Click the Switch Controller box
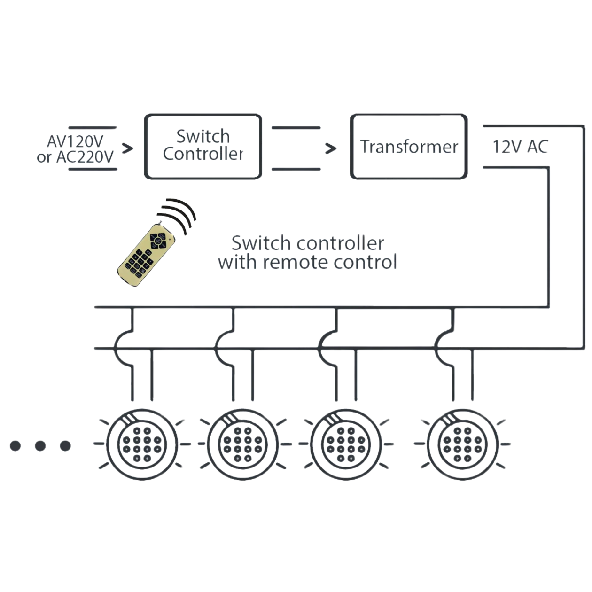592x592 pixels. pyautogui.click(x=203, y=146)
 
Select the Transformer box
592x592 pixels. pyautogui.click(x=409, y=146)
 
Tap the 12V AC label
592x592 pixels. pyautogui.click(x=520, y=148)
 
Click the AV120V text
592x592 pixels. pyautogui.click(x=75, y=141)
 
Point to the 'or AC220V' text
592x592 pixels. pyautogui.click(x=75, y=157)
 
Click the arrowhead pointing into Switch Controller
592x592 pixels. pyautogui.click(x=127, y=148)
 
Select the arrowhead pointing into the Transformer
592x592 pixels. pyautogui.click(x=331, y=148)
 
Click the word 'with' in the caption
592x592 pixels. pyautogui.click(x=238, y=262)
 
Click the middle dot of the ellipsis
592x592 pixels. pyautogui.click(x=40, y=445)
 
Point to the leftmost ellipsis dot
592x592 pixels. pyautogui.click(x=16, y=445)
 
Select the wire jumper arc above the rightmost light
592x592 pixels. pyautogui.click(x=440, y=348)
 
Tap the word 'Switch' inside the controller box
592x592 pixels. pyautogui.click(x=203, y=136)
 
